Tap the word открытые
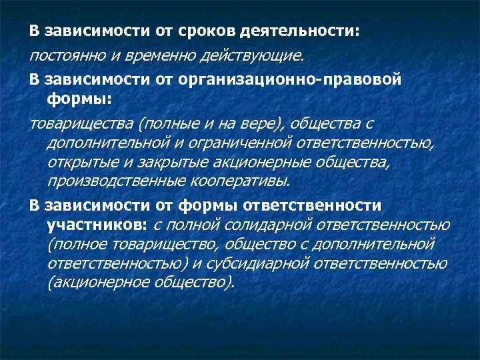click(x=83, y=162)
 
